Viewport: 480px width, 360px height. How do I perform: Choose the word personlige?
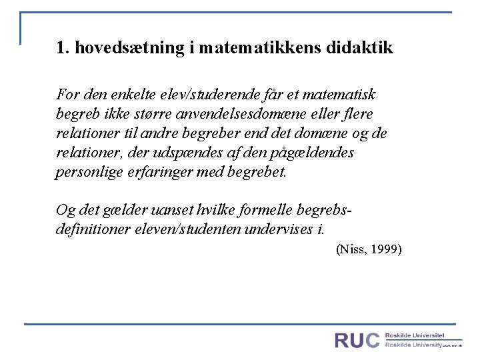83,172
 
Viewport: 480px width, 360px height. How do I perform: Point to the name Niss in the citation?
351,249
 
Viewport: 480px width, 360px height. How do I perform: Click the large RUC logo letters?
357,340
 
